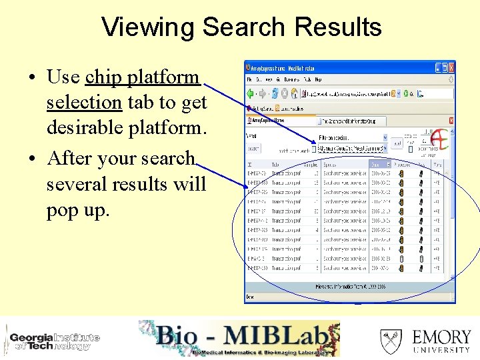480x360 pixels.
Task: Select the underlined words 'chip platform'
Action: (142, 77)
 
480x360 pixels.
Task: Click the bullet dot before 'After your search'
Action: (33, 159)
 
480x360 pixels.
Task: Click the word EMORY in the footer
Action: (441, 337)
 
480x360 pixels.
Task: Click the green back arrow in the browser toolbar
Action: (251, 93)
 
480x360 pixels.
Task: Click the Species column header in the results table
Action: (344, 164)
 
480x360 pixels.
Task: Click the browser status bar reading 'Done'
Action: (251, 297)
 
